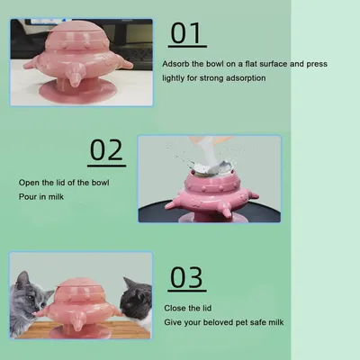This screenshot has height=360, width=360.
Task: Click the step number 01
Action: pos(185,33)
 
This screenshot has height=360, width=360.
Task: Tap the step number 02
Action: pos(106,149)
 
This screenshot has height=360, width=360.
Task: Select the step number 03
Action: pos(186,277)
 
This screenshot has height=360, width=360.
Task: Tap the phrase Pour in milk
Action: pos(41,197)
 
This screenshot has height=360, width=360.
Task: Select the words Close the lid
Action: pos(188,308)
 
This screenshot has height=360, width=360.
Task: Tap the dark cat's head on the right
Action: pos(136,299)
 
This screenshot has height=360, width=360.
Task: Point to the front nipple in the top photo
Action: pos(74,76)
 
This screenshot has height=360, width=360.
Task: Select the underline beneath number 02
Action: pos(106,166)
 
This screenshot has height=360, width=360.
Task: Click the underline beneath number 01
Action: pos(187,47)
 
